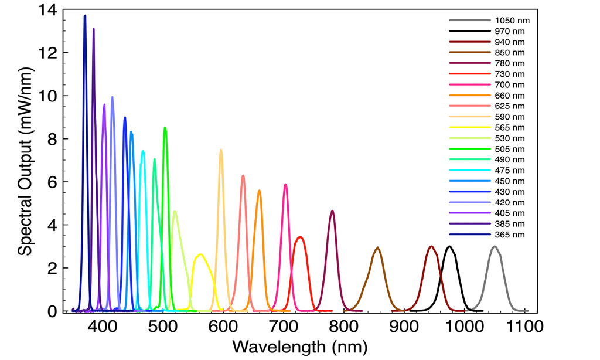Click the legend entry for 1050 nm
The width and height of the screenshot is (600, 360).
click(x=508, y=20)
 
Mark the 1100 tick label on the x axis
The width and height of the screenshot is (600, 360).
click(x=523, y=326)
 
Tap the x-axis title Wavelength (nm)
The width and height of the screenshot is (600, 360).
click(x=300, y=347)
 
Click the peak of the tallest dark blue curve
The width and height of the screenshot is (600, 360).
click(x=85, y=16)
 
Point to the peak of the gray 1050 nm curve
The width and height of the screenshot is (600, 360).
click(x=495, y=246)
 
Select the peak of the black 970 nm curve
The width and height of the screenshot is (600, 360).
click(x=449, y=246)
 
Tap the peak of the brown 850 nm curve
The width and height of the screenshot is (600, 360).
click(x=378, y=247)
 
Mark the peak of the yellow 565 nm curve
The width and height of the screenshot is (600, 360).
click(x=200, y=254)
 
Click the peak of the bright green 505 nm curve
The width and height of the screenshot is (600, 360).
click(x=165, y=127)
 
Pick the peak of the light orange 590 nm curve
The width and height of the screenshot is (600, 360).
click(x=221, y=150)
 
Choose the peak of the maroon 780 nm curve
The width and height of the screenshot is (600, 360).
click(x=332, y=210)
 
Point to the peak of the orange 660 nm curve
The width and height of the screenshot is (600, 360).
click(x=259, y=190)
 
